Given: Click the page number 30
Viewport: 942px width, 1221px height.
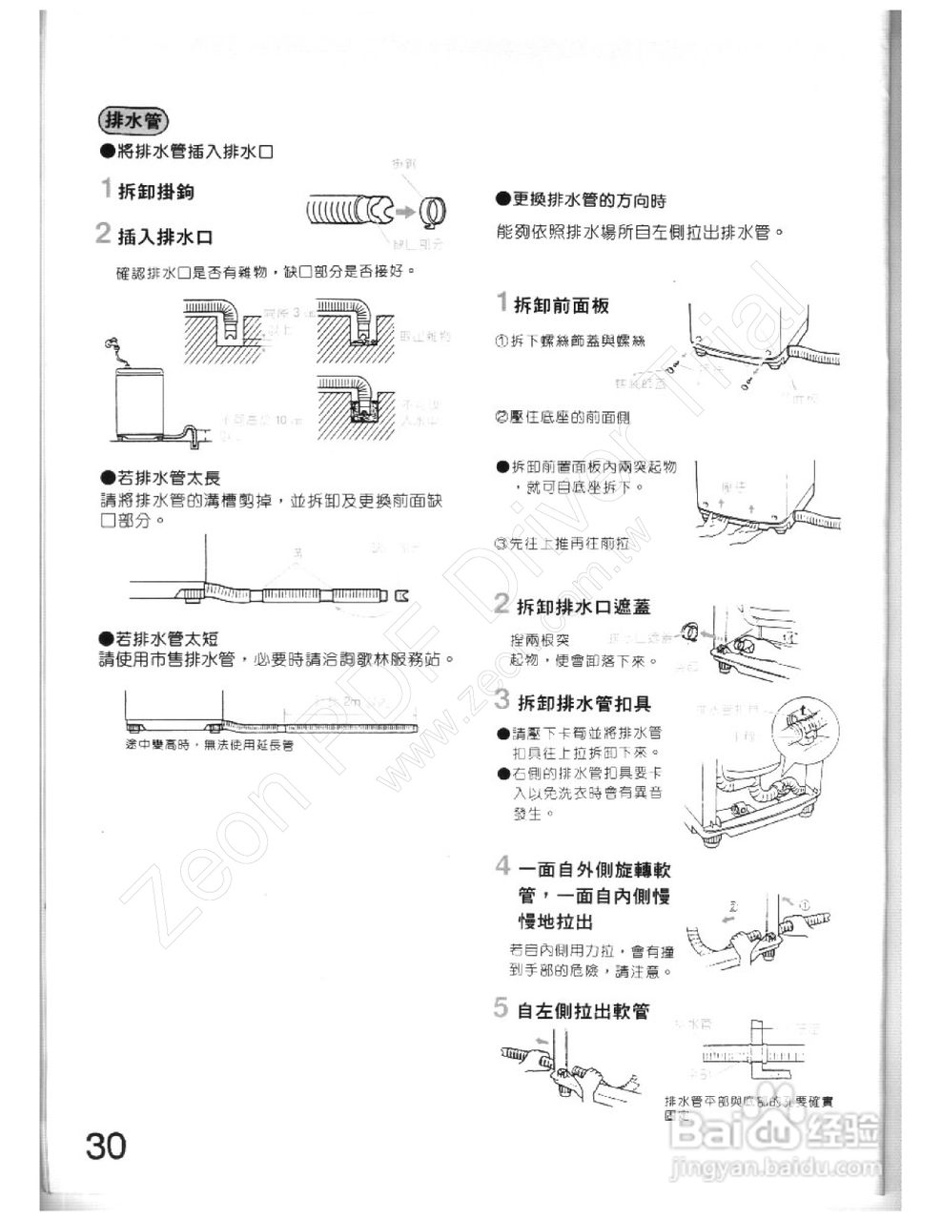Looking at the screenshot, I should point(106,1145).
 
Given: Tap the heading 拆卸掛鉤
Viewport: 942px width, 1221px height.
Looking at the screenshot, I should point(155,192).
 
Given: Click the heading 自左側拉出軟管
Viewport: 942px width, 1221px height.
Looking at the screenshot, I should point(584,1010).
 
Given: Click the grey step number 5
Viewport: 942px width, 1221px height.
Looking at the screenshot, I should point(502,1007).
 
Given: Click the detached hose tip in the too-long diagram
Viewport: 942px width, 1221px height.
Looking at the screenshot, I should point(401,597).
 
